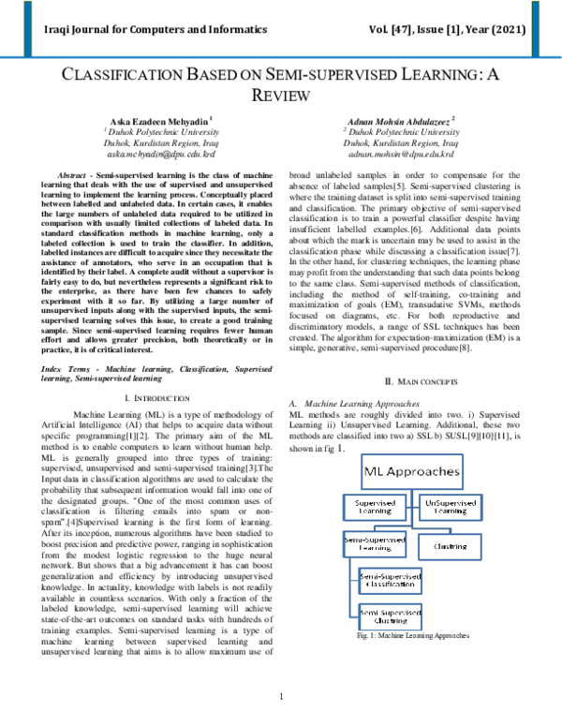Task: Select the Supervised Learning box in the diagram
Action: pos(374,507)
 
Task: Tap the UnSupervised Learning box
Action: pos(450,507)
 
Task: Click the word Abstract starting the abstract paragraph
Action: pos(71,176)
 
